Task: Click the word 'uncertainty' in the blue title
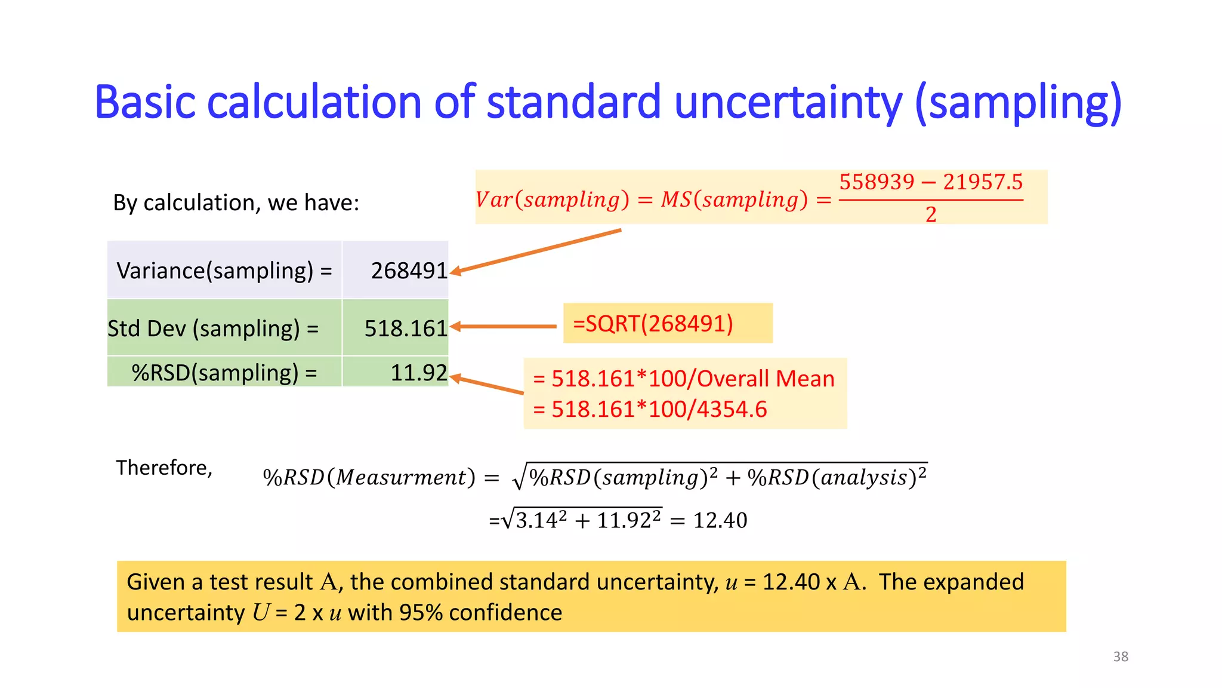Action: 788,103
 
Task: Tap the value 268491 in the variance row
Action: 409,271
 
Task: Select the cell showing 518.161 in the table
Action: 405,328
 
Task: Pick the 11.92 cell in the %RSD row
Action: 418,373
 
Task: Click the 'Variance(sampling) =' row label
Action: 224,271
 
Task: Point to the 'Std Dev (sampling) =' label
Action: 213,328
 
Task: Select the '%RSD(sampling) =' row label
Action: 224,373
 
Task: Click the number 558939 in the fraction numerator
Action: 877,182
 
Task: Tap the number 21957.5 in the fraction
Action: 983,182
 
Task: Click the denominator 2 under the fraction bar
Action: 931,214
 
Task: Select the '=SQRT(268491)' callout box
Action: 667,323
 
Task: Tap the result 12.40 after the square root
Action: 720,520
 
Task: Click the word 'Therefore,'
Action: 164,468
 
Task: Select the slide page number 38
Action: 1120,656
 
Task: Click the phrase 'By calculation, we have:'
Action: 236,203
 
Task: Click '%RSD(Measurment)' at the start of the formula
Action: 369,477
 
